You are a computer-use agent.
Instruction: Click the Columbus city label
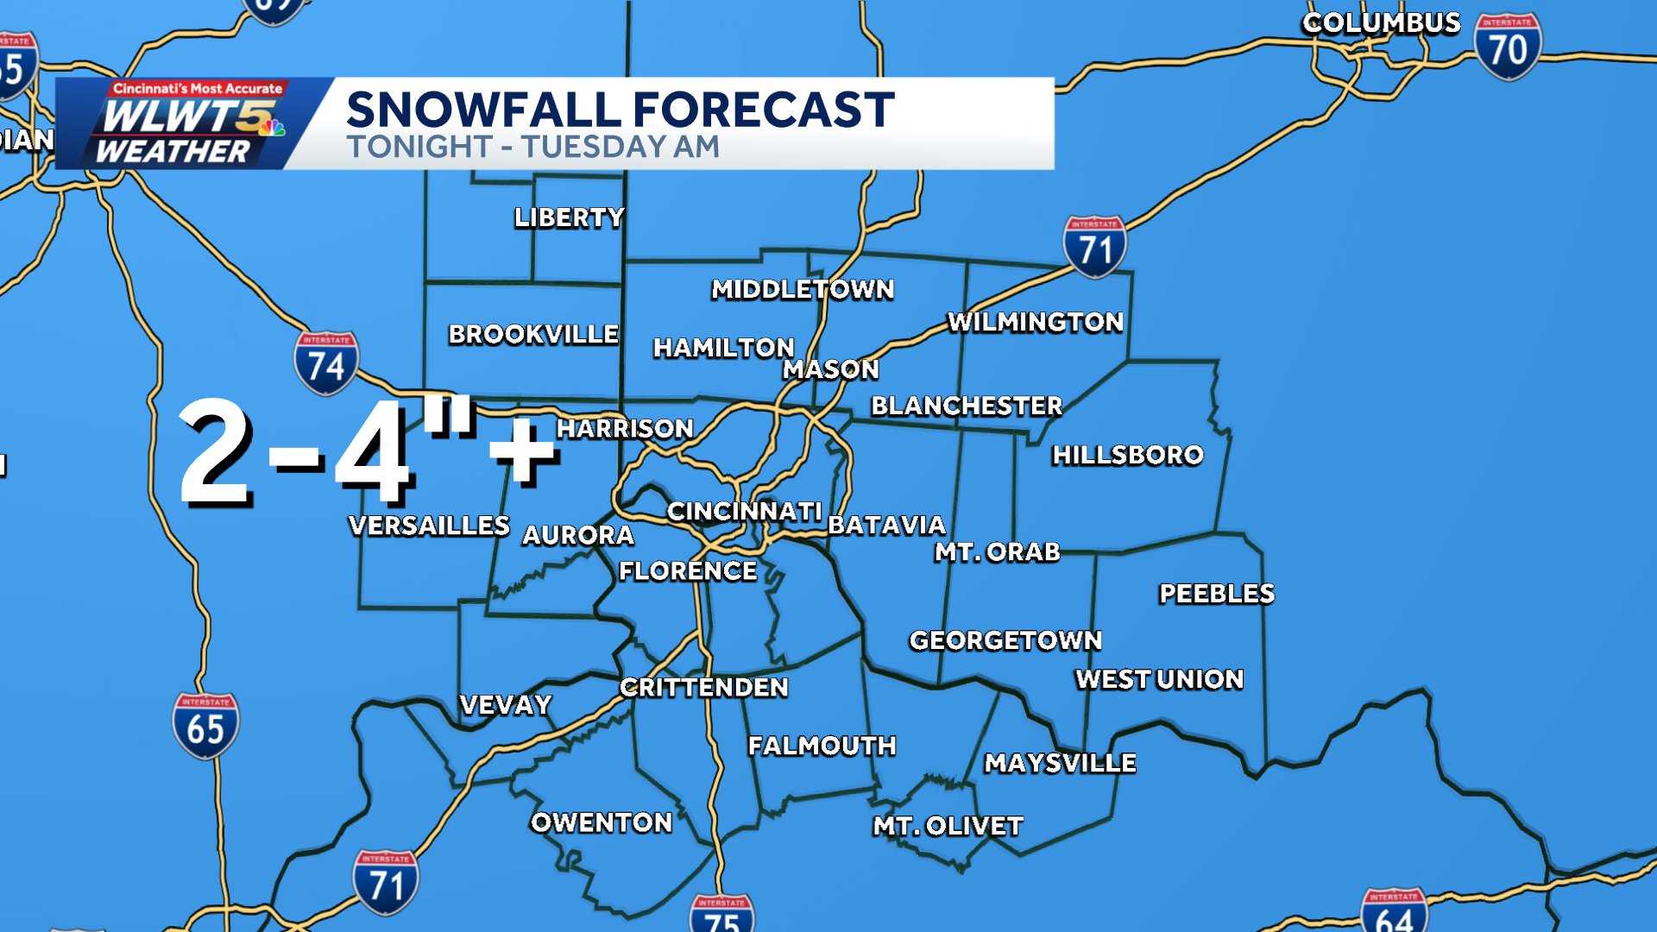click(1381, 23)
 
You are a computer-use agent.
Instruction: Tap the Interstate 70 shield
click(1507, 48)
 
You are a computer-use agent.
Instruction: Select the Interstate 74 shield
click(326, 363)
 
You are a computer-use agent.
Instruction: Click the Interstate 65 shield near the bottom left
click(205, 726)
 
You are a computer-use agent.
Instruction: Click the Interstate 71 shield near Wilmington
click(1094, 248)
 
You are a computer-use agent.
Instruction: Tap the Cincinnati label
click(744, 512)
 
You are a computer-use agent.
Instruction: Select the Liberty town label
click(569, 217)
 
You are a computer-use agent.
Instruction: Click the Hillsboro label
click(1127, 455)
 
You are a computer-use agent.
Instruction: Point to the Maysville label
click(1060, 763)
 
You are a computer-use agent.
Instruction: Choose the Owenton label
click(601, 822)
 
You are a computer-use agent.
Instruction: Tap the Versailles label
click(429, 526)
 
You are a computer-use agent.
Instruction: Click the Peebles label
click(1216, 594)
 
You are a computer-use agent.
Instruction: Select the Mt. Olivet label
click(948, 827)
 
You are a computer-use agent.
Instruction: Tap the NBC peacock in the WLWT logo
click(272, 128)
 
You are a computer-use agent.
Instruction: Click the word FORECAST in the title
click(763, 110)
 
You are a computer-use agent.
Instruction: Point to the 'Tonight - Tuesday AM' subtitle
click(532, 147)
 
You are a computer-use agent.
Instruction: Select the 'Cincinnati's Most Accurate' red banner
click(198, 89)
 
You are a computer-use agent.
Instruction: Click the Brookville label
click(532, 334)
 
